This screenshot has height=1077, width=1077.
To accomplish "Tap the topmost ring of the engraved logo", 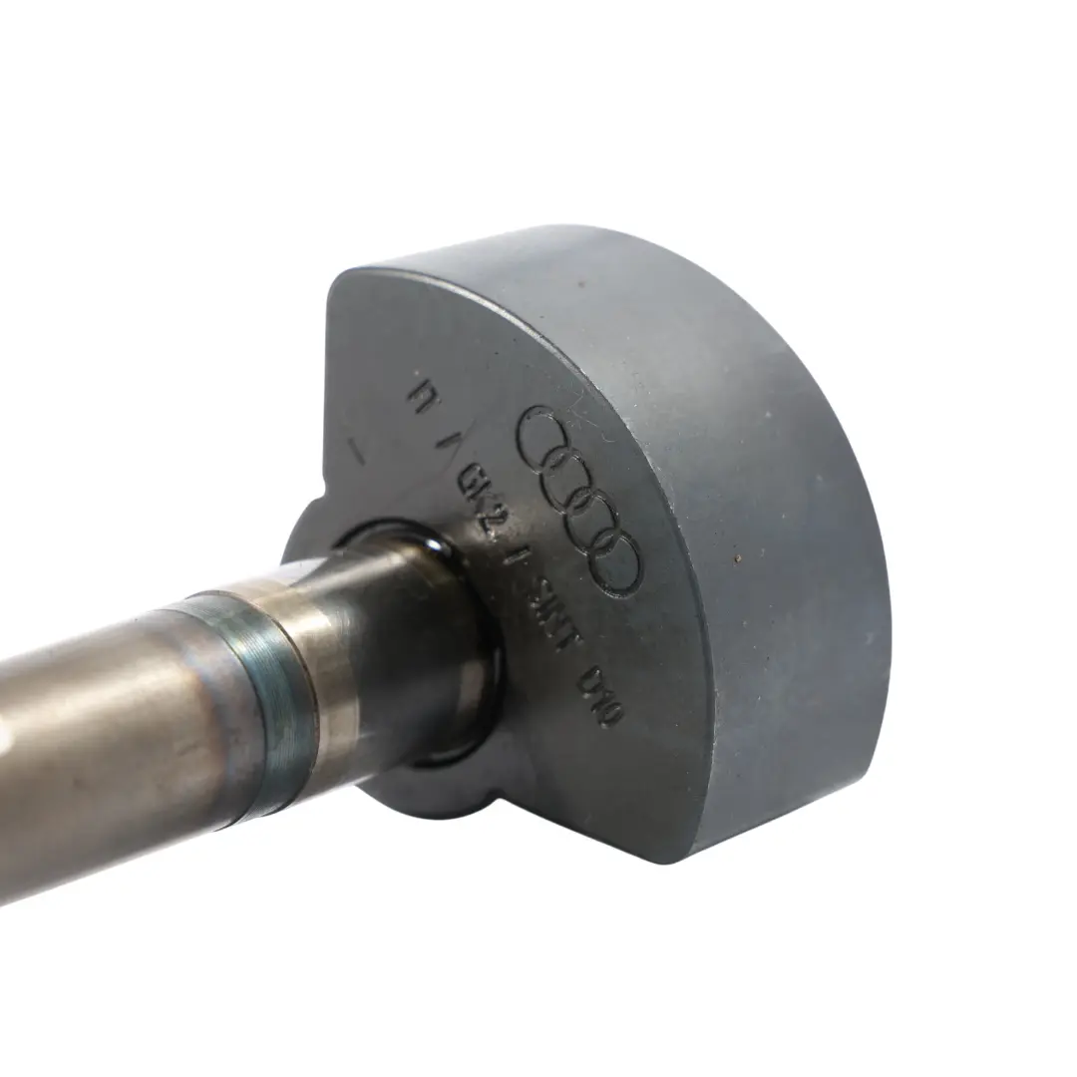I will [x=547, y=431].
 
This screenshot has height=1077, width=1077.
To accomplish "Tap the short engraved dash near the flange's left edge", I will [x=355, y=451].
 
